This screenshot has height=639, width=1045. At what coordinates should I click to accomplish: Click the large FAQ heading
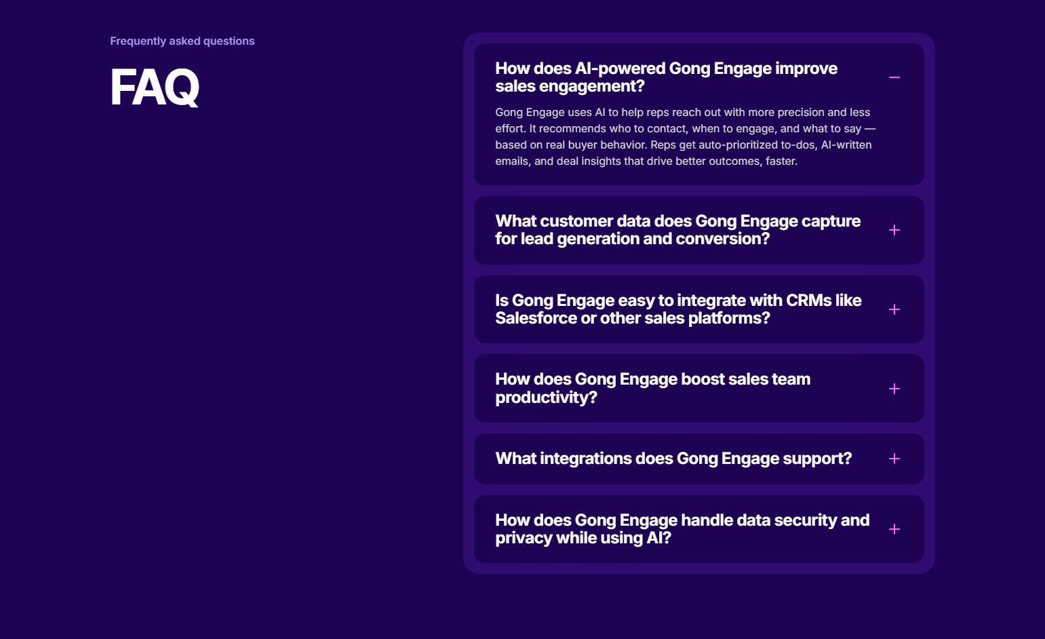(155, 88)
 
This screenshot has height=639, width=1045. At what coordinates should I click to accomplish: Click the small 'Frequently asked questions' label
(182, 41)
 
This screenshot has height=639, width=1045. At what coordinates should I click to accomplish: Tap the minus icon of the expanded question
(894, 77)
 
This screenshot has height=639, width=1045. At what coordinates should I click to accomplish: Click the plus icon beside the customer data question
(894, 231)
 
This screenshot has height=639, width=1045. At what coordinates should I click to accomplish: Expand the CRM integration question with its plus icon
(894, 309)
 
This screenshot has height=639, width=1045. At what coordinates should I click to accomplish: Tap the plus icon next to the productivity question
(894, 389)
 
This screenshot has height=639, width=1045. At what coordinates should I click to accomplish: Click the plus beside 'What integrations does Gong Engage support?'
(894, 459)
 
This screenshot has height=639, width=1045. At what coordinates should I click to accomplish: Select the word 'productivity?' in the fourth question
(546, 398)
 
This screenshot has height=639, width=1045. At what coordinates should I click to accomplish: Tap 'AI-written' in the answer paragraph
(846, 145)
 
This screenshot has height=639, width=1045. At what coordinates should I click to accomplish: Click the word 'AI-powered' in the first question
(619, 69)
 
